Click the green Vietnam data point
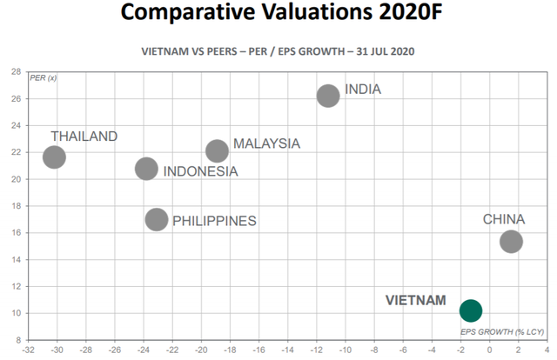click(x=471, y=310)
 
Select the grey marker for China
click(x=511, y=241)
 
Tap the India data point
click(x=328, y=96)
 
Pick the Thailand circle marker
click(x=54, y=157)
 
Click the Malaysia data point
click(x=217, y=151)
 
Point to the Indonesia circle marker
click(x=146, y=168)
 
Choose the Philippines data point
click(x=157, y=219)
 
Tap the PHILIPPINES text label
click(x=214, y=221)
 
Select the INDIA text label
click(x=363, y=90)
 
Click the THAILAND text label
click(x=84, y=137)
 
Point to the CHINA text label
click(x=504, y=220)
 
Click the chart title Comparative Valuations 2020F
click(x=278, y=15)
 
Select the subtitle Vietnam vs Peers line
click(x=278, y=51)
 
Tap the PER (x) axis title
click(x=44, y=78)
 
